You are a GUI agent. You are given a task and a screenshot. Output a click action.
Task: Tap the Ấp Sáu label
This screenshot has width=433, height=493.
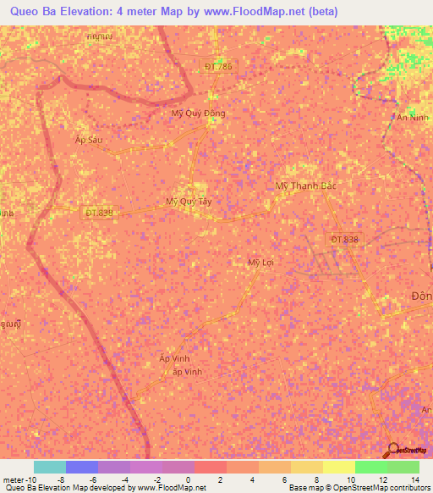pyautogui.click(x=89, y=140)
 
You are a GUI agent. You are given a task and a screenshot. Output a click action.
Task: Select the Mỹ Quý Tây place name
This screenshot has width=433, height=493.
pyautogui.click(x=188, y=202)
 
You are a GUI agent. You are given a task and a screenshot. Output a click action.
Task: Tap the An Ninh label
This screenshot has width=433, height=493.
pyautogui.click(x=414, y=119)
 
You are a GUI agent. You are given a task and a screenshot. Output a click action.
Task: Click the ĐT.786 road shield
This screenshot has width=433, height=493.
pyautogui.click(x=218, y=65)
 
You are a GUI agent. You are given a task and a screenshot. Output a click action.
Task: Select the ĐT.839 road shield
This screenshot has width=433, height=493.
pyautogui.click(x=98, y=213)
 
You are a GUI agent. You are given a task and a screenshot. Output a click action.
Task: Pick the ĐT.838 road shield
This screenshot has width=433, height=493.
pyautogui.click(x=344, y=240)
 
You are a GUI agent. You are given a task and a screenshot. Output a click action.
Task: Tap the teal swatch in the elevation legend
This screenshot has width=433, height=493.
pyautogui.click(x=50, y=467)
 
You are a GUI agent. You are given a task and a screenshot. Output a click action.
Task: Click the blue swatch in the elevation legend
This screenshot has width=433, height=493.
pyautogui.click(x=82, y=467)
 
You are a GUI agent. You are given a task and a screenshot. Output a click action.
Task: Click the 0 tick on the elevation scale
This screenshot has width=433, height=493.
pyautogui.click(x=188, y=479)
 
